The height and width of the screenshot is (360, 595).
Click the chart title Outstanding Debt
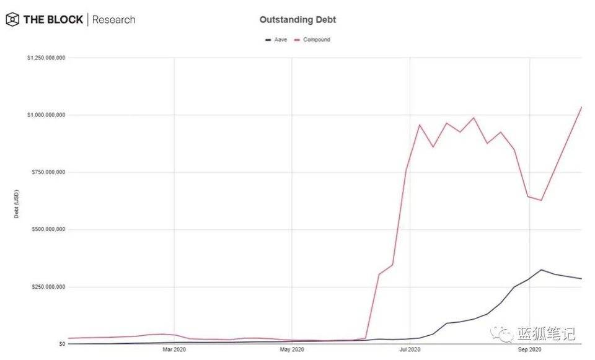coord(297,20)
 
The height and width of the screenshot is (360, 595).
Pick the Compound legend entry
coord(315,40)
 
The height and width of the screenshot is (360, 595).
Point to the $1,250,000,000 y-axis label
coord(46,58)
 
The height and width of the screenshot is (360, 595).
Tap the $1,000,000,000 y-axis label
coord(46,115)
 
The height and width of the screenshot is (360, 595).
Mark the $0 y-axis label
coord(61,344)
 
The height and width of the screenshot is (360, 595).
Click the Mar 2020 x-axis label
coord(174,351)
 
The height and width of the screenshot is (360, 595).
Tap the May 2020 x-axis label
coord(292,351)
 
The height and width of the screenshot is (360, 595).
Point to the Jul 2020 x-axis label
coord(410,351)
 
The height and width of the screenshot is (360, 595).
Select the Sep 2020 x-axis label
coord(529,351)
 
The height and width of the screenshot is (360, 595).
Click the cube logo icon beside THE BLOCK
coord(12,20)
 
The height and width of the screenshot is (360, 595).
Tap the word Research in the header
coord(113,20)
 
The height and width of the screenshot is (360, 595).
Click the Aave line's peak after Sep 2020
coord(541,270)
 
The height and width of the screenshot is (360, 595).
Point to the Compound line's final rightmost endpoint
coord(581,107)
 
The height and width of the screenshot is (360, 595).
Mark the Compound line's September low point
coord(541,200)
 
